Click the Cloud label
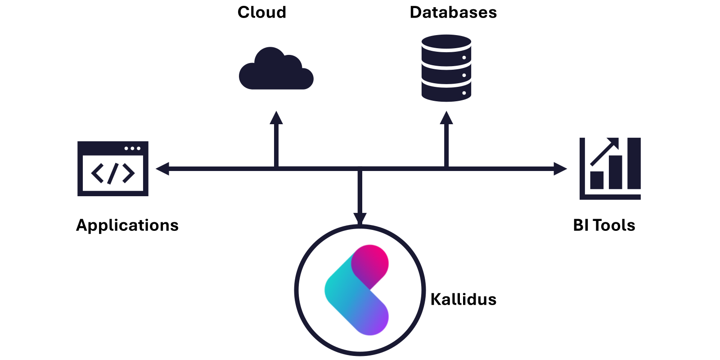(x=261, y=13)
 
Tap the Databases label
(x=453, y=13)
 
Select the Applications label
(x=127, y=225)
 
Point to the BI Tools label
(x=604, y=225)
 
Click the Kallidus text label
(x=463, y=299)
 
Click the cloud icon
(x=276, y=68)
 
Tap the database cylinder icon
(x=446, y=68)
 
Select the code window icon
(x=113, y=168)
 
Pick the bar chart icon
(x=610, y=168)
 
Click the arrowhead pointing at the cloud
(x=276, y=118)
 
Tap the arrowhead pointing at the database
(x=446, y=118)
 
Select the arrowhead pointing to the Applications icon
(x=162, y=169)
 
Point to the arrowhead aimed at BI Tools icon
(x=560, y=169)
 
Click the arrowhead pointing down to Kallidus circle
(x=360, y=219)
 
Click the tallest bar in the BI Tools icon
(x=634, y=163)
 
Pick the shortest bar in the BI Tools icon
(x=597, y=180)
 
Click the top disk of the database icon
(x=446, y=42)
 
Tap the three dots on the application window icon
(x=132, y=148)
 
